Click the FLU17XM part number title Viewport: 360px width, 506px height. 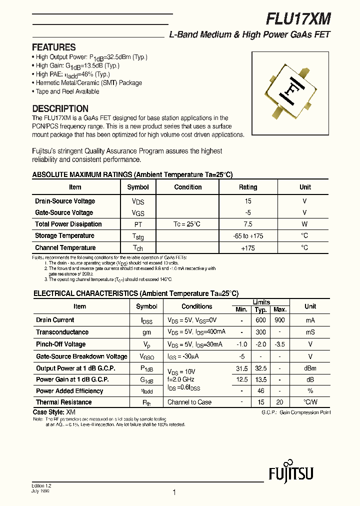click(298, 19)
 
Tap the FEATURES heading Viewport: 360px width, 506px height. click(53, 47)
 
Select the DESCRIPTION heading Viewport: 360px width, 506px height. click(60, 108)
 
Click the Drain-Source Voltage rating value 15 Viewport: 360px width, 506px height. click(248, 201)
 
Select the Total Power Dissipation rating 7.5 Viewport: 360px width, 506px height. click(248, 224)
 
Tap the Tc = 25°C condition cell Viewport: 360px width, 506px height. click(187, 224)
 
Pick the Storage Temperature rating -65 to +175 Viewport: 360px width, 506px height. click(248, 236)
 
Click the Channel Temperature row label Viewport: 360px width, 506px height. click(65, 248)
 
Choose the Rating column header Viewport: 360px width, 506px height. click(248, 187)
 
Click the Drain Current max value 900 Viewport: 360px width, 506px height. click(280, 320)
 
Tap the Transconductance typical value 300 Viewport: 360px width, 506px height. click(260, 332)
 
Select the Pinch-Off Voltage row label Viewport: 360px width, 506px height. click(60, 344)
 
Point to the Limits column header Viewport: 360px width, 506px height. click(261, 302)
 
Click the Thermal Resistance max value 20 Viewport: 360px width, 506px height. click(280, 402)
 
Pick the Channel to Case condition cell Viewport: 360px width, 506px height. click(189, 402)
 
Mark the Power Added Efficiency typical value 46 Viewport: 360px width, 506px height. click(260, 391)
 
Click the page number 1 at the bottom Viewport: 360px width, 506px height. click(174, 492)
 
